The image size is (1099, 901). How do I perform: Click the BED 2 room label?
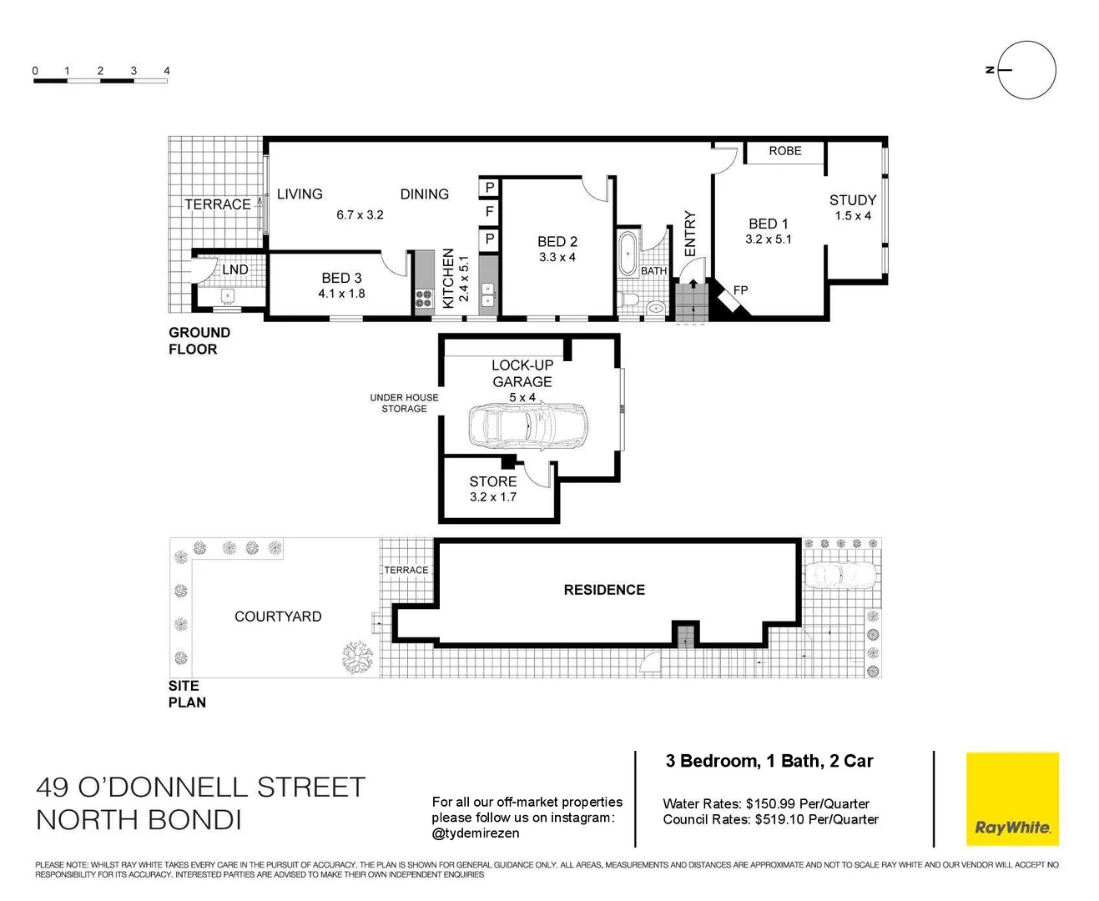point(557,242)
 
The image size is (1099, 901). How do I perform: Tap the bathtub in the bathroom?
point(627,254)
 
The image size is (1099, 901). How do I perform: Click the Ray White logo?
point(1012,799)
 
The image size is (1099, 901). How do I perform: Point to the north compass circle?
point(1026,70)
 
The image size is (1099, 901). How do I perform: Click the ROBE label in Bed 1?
point(784,151)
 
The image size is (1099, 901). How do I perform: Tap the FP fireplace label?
point(740,290)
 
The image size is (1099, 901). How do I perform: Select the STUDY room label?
point(852,200)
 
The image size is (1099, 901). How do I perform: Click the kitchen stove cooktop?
point(424,299)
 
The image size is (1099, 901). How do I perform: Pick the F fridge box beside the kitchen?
point(489,213)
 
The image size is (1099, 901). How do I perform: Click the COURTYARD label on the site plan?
point(278,617)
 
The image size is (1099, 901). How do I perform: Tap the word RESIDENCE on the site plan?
point(604,590)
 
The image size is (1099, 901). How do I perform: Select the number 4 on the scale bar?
point(167,71)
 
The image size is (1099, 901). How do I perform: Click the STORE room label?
point(492,481)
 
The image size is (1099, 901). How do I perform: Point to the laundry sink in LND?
point(228,296)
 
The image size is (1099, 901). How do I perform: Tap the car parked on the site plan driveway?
point(839,575)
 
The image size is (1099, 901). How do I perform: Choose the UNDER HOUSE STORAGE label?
point(404,403)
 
